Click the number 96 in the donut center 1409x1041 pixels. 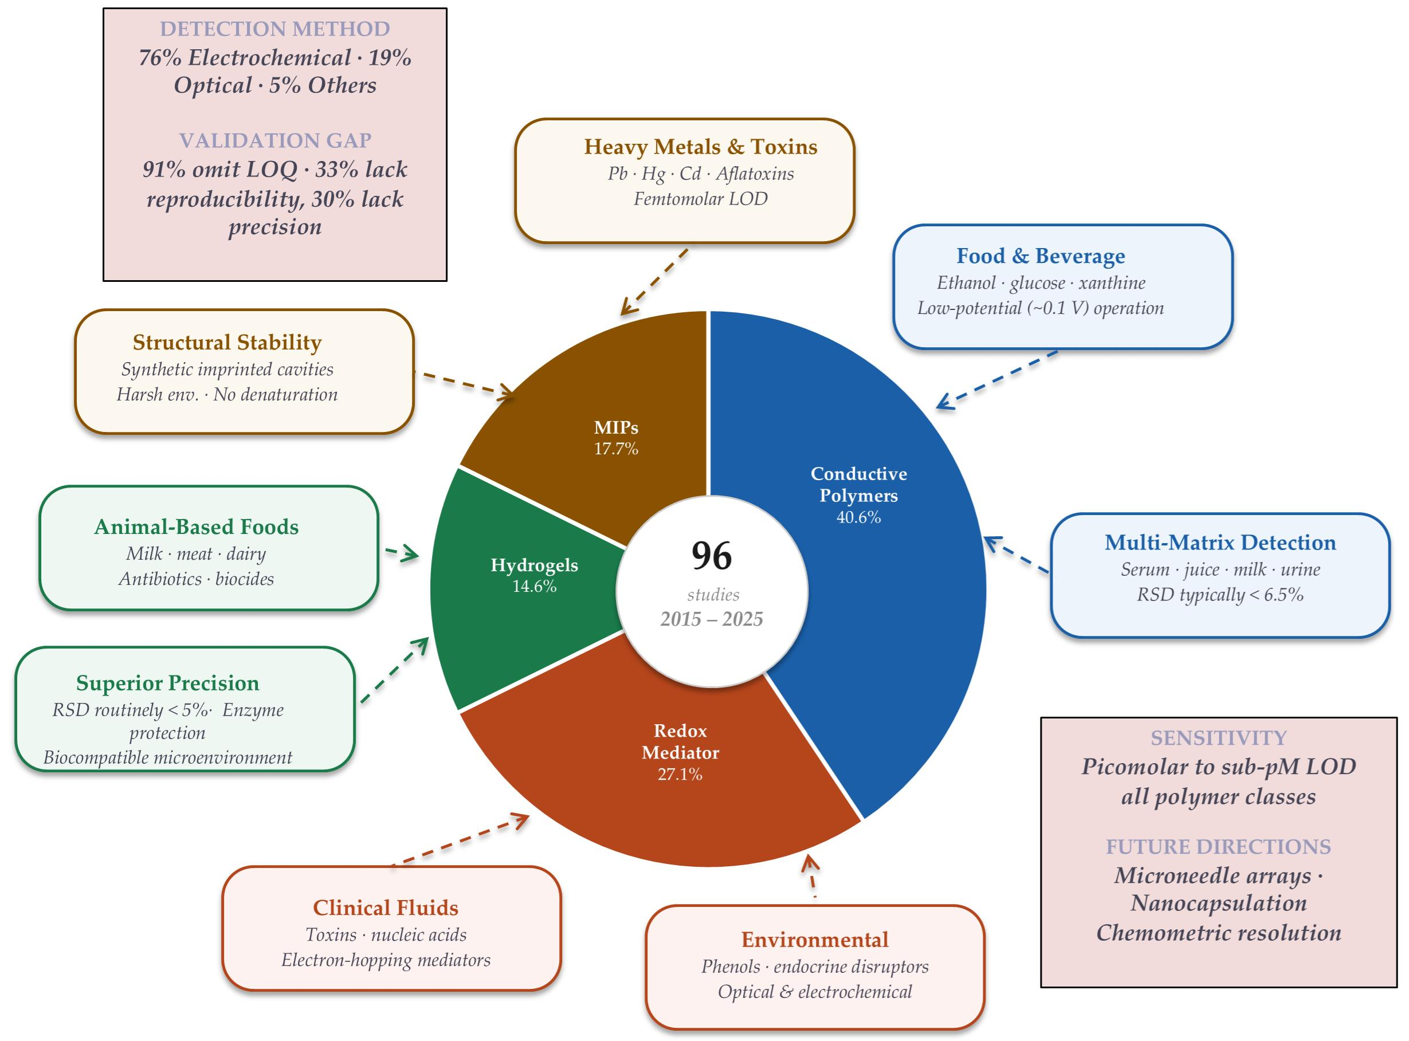point(712,556)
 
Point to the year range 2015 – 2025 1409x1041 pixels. point(712,619)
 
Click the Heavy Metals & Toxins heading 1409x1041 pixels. point(700,147)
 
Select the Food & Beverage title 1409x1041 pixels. point(1041,256)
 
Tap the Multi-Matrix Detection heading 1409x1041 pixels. point(1220,543)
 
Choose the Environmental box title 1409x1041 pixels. point(814,940)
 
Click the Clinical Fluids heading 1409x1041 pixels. point(385,908)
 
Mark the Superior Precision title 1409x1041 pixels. point(168,683)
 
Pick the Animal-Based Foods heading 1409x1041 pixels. point(196,527)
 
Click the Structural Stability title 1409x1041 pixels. point(227,342)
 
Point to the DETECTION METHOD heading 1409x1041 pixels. point(274,29)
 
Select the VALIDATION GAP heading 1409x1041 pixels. point(274,140)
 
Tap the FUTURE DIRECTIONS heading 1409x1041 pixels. point(1218,846)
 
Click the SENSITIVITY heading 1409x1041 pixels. point(1218,738)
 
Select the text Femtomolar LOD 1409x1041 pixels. point(700,199)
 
